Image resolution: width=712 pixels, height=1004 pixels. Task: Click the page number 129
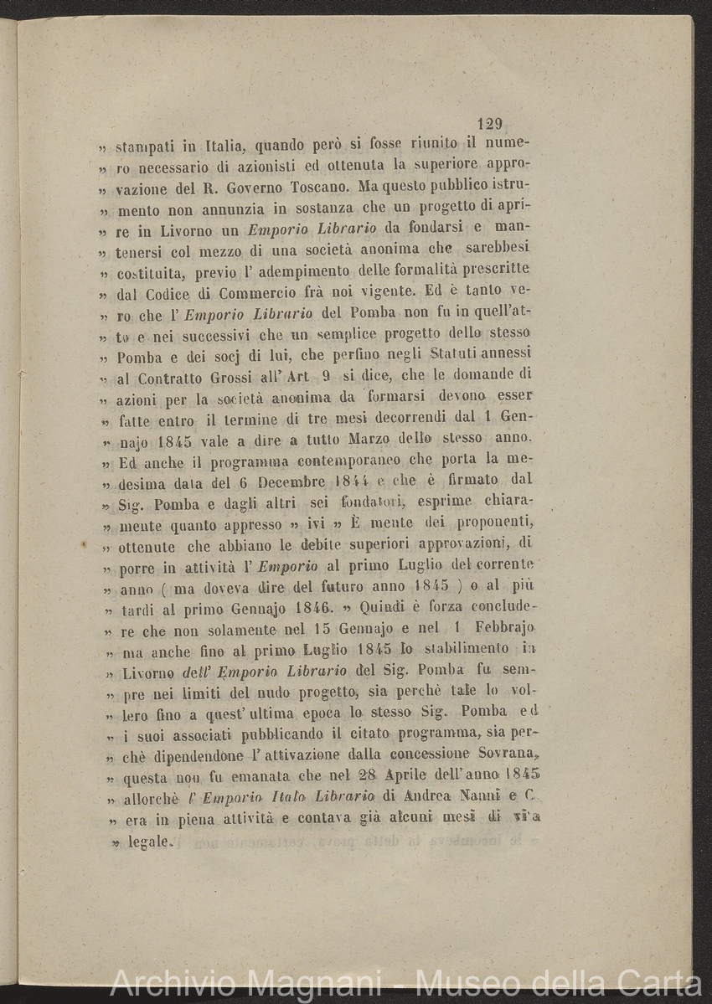[490, 125]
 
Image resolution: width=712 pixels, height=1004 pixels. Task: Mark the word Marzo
[378, 439]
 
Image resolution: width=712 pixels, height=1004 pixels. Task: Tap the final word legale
[148, 842]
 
